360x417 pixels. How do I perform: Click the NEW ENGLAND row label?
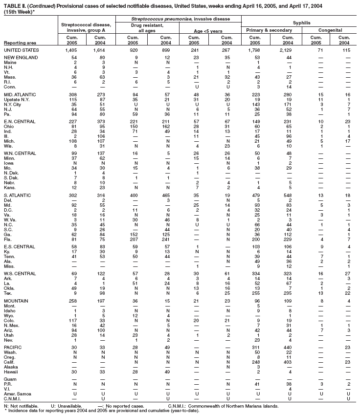(20, 58)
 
